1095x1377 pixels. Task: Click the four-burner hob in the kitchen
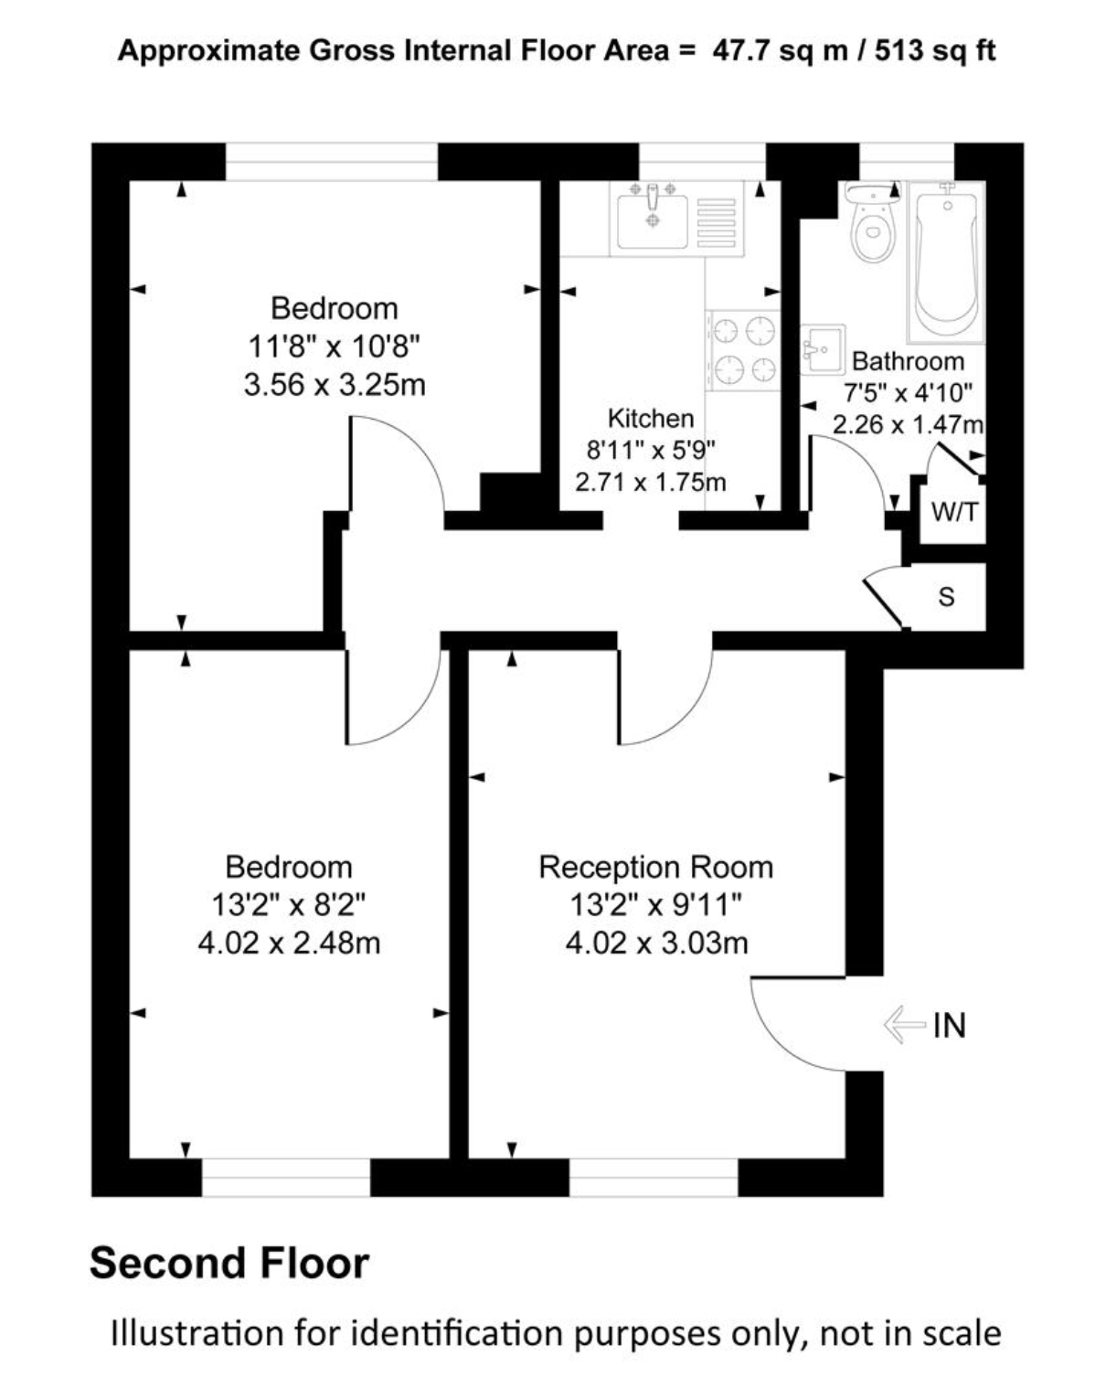(x=743, y=350)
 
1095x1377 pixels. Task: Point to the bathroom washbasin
(x=823, y=348)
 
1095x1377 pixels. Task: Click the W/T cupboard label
(x=954, y=512)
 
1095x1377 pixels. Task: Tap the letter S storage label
(x=946, y=596)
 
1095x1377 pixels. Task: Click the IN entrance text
(x=949, y=1026)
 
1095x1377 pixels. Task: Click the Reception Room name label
(x=655, y=868)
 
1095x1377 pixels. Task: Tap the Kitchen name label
(x=651, y=419)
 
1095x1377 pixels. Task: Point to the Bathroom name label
(x=908, y=361)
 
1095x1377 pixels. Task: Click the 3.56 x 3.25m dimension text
(x=335, y=385)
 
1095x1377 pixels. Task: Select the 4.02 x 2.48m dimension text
(x=289, y=944)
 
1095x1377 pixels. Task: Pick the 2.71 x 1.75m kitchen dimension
(x=651, y=482)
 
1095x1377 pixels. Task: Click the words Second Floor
(x=229, y=1264)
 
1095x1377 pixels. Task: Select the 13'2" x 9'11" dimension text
(x=655, y=905)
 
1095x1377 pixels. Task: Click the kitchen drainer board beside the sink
(x=716, y=221)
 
